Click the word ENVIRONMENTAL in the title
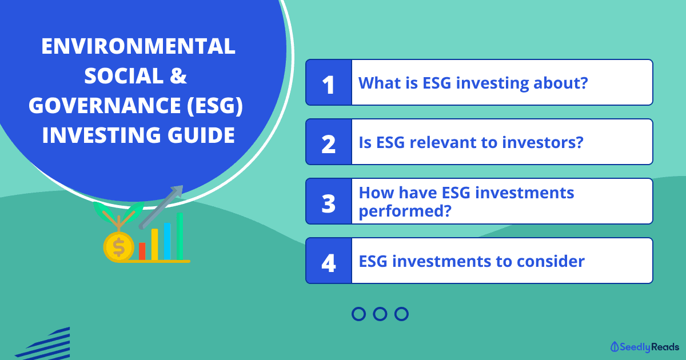138,46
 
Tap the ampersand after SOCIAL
178,75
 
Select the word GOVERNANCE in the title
105,105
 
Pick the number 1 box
329,83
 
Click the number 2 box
329,142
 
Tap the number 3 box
329,201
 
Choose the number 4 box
329,261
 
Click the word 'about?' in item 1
560,83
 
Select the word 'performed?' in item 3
405,211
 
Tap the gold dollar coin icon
118,247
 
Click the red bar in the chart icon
142,251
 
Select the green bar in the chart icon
180,237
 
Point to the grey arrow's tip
182,186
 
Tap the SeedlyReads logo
645,347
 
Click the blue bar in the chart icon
167,242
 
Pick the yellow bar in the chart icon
155,245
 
